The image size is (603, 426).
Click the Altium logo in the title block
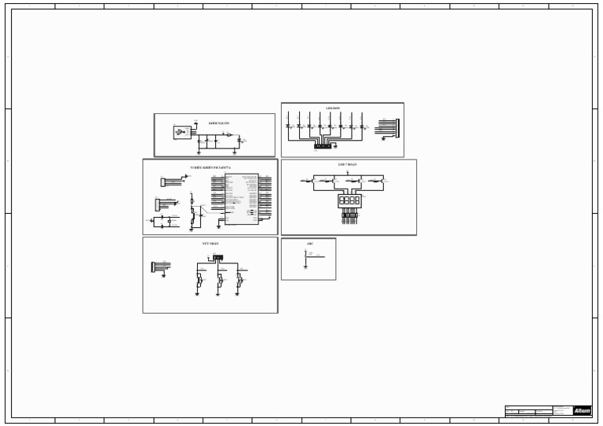click(x=582, y=410)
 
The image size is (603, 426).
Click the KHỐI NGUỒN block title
click(x=219, y=123)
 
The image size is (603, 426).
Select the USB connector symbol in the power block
click(x=182, y=133)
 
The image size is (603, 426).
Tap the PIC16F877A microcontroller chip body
click(x=241, y=199)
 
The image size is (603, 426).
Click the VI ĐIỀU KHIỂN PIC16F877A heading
click(x=210, y=167)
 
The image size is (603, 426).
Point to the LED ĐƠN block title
click(x=332, y=108)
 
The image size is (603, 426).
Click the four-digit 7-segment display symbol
click(x=349, y=201)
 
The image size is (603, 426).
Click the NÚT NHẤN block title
click(x=210, y=244)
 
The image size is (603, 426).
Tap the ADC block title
click(x=309, y=244)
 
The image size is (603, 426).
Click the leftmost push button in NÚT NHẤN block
click(x=199, y=281)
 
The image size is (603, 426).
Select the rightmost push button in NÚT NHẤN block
click(x=238, y=281)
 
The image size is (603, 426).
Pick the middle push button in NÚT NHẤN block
click(x=220, y=281)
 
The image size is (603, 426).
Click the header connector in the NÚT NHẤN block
click(x=155, y=266)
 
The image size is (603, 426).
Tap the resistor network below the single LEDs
click(x=322, y=145)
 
